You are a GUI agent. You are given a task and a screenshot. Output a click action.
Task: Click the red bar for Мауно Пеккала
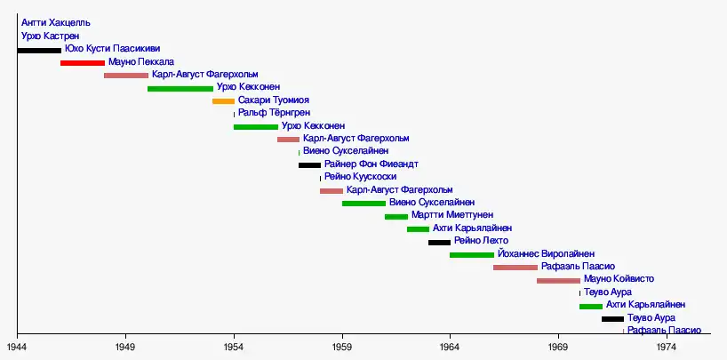tap(83, 63)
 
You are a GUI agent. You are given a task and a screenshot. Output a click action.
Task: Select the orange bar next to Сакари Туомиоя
tap(223, 101)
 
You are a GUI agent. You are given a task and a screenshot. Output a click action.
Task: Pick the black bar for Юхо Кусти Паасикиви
tap(39, 50)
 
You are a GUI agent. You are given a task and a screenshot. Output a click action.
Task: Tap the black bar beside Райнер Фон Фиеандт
tap(309, 165)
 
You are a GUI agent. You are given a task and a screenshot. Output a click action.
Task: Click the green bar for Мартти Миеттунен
tap(396, 217)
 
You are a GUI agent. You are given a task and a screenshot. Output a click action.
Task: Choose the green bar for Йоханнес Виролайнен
tap(472, 255)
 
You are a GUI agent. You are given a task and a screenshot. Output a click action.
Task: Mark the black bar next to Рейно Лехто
tap(439, 243)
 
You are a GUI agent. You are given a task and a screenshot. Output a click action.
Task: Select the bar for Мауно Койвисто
tap(558, 281)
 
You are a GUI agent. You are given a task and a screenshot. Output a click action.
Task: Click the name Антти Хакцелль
tap(55, 22)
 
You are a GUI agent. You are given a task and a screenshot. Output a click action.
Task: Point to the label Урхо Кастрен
tap(50, 36)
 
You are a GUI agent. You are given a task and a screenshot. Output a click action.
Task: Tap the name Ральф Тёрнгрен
tap(274, 114)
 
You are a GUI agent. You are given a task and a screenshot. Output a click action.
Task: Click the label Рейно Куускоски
tap(361, 178)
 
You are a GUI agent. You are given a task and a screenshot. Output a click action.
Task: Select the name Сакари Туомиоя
tap(274, 101)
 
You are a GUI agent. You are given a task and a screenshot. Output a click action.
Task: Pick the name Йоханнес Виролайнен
tap(547, 254)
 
